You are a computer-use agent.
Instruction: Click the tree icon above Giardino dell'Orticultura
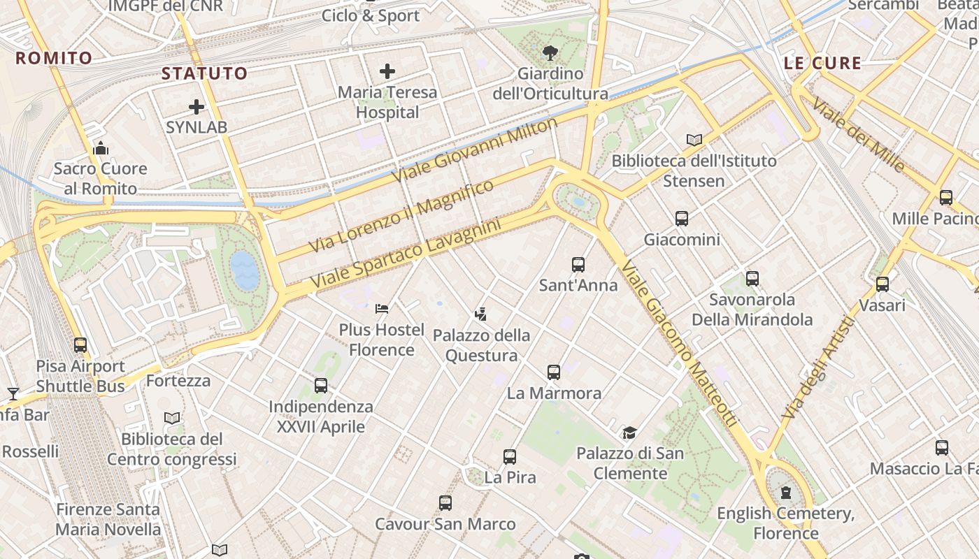[550, 52]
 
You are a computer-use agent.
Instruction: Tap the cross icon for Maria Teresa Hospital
[387, 71]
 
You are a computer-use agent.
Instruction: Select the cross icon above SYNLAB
[196, 107]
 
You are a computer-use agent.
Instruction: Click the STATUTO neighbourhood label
[205, 73]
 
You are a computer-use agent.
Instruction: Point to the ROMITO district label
[54, 58]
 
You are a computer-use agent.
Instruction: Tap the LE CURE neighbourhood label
[822, 63]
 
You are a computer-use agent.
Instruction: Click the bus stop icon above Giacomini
[682, 219]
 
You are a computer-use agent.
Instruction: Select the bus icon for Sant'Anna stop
[578, 265]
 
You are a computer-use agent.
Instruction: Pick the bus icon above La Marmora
[554, 372]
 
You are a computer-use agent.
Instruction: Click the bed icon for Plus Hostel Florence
[382, 308]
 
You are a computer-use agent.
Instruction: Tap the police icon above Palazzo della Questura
[481, 314]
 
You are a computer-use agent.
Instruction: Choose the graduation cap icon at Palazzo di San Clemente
[630, 433]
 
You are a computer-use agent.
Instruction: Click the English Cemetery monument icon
[786, 493]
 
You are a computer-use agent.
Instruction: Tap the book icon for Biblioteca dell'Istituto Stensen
[694, 140]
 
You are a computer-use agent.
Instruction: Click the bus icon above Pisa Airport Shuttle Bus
[80, 345]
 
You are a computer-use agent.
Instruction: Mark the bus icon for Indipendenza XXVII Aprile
[321, 385]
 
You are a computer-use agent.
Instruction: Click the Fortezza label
[178, 381]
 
